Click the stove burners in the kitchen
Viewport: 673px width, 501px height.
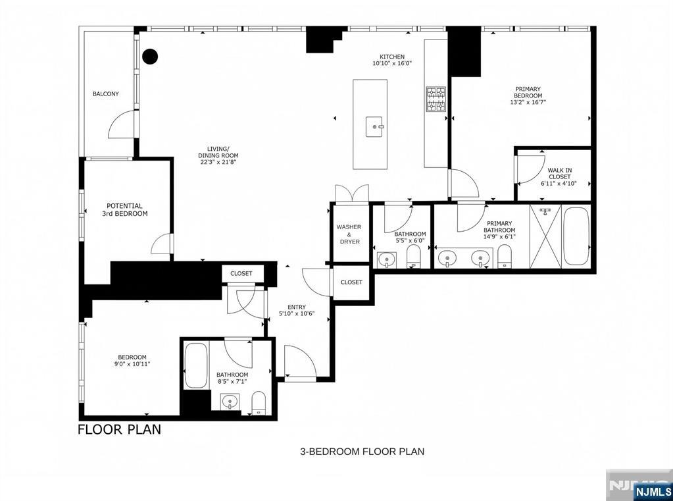click(436, 99)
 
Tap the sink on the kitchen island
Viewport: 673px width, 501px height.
click(375, 127)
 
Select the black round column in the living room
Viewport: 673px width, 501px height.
click(150, 56)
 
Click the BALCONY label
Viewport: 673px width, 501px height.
click(105, 93)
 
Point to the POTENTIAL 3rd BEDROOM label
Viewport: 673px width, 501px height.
click(124, 209)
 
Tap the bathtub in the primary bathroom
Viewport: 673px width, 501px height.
click(576, 236)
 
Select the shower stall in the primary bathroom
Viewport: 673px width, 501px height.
click(545, 236)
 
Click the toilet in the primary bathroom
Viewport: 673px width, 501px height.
click(505, 257)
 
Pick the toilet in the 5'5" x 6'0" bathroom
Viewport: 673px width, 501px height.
click(414, 257)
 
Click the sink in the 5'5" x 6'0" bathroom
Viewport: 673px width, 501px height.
click(387, 260)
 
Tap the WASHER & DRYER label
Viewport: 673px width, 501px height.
click(349, 234)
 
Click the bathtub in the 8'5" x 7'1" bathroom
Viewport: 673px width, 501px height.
click(196, 365)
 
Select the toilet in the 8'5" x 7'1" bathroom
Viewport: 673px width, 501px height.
click(259, 403)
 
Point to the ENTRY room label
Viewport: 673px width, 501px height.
click(297, 307)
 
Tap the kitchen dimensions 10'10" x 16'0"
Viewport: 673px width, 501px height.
click(392, 63)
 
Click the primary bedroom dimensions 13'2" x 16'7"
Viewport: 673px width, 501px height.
click(528, 102)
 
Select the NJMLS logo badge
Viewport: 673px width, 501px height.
click(651, 491)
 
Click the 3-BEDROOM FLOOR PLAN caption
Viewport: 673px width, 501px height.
click(362, 452)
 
